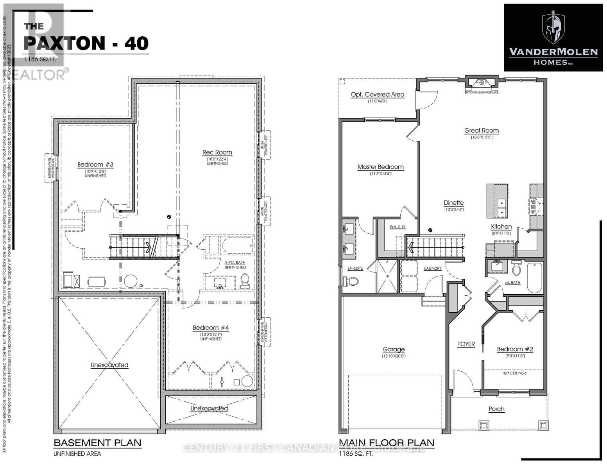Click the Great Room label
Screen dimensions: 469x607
pos(481,131)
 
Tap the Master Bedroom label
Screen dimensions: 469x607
pos(380,167)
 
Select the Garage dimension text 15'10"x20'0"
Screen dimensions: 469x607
pos(394,356)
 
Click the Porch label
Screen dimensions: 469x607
pos(496,409)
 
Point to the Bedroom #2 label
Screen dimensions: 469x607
pos(515,349)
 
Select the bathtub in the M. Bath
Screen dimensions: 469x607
pos(534,278)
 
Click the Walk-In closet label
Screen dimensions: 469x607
pos(397,227)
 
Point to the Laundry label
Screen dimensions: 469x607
pos(433,268)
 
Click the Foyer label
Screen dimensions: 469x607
pos(466,344)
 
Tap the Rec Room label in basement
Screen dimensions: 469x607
pos(217,152)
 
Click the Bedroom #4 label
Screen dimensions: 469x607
pos(211,328)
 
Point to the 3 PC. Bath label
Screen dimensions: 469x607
pos(235,262)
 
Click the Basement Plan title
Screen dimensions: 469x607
pos(97,443)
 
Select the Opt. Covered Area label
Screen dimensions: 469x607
pos(377,94)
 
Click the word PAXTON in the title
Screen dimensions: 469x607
pos(64,43)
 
